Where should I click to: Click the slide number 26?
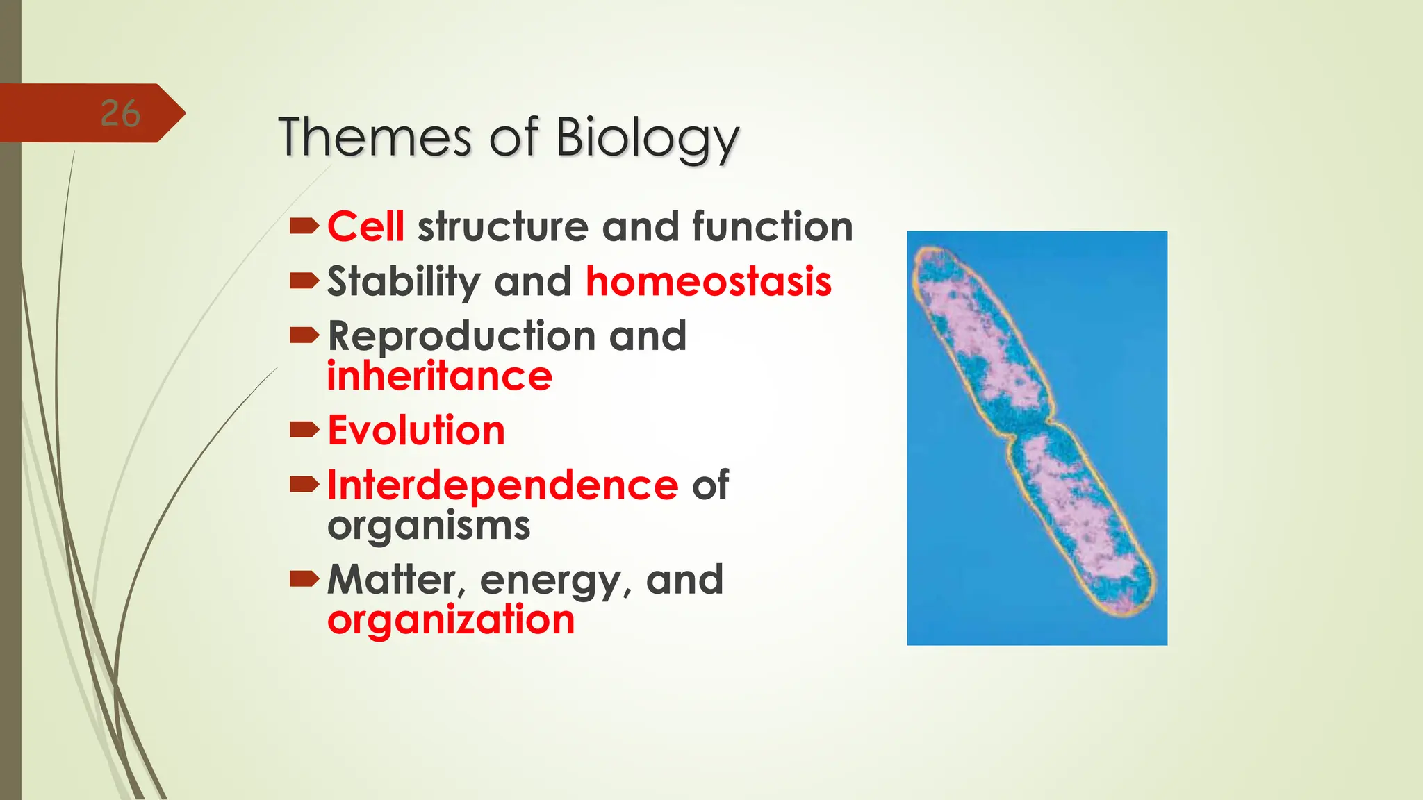click(120, 113)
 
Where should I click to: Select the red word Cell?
click(365, 227)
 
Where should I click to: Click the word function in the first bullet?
click(772, 227)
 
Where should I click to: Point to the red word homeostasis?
click(708, 281)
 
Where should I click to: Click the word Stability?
click(403, 281)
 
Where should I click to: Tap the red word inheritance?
click(439, 376)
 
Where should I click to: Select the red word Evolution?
click(416, 431)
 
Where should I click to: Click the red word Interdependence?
click(502, 485)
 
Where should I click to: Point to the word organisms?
click(428, 526)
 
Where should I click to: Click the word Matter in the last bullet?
click(392, 579)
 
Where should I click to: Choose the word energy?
click(550, 581)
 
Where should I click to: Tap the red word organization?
click(450, 619)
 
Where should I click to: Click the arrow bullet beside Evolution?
click(304, 431)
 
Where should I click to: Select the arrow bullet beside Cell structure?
click(304, 226)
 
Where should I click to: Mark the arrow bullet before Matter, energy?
click(304, 578)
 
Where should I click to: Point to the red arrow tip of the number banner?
click(182, 113)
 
